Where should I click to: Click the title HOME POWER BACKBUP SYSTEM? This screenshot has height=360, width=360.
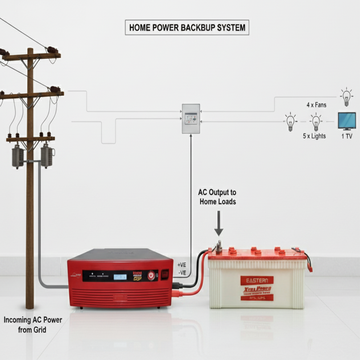click(187, 27)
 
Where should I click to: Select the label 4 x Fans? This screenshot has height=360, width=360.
click(317, 105)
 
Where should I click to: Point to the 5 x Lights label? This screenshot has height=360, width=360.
click(314, 136)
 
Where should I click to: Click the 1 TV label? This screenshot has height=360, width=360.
click(346, 136)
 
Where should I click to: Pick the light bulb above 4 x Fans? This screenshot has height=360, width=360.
click(346, 96)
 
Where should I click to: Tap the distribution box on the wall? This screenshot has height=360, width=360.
click(191, 118)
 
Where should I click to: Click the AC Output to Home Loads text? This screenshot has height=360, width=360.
click(218, 197)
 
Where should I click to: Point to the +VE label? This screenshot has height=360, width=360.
click(182, 265)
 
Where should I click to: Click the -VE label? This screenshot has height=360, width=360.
click(182, 272)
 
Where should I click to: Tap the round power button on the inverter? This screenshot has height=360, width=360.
click(152, 275)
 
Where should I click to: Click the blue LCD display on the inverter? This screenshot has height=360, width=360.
click(120, 276)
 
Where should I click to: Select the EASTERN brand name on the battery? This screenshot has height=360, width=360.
click(256, 280)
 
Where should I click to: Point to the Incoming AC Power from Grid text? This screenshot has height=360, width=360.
click(33, 325)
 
